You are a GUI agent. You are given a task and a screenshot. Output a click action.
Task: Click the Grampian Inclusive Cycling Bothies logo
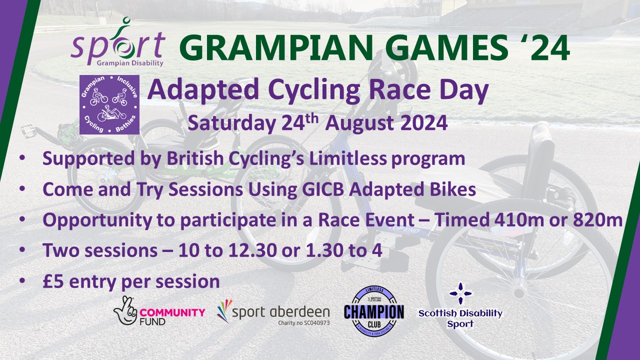(x=109, y=104)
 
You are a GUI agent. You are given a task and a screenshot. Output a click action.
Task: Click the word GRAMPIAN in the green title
(x=276, y=47)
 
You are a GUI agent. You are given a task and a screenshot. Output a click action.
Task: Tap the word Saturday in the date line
(x=231, y=124)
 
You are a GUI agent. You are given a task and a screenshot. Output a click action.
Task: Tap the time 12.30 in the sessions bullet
(x=252, y=250)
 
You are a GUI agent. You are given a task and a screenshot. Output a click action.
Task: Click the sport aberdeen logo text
(x=281, y=312)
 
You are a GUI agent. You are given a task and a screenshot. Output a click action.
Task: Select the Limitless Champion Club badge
(x=374, y=311)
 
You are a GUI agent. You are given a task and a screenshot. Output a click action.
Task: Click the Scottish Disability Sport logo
(x=460, y=305)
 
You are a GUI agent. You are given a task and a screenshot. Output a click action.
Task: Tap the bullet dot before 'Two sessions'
(x=22, y=249)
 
